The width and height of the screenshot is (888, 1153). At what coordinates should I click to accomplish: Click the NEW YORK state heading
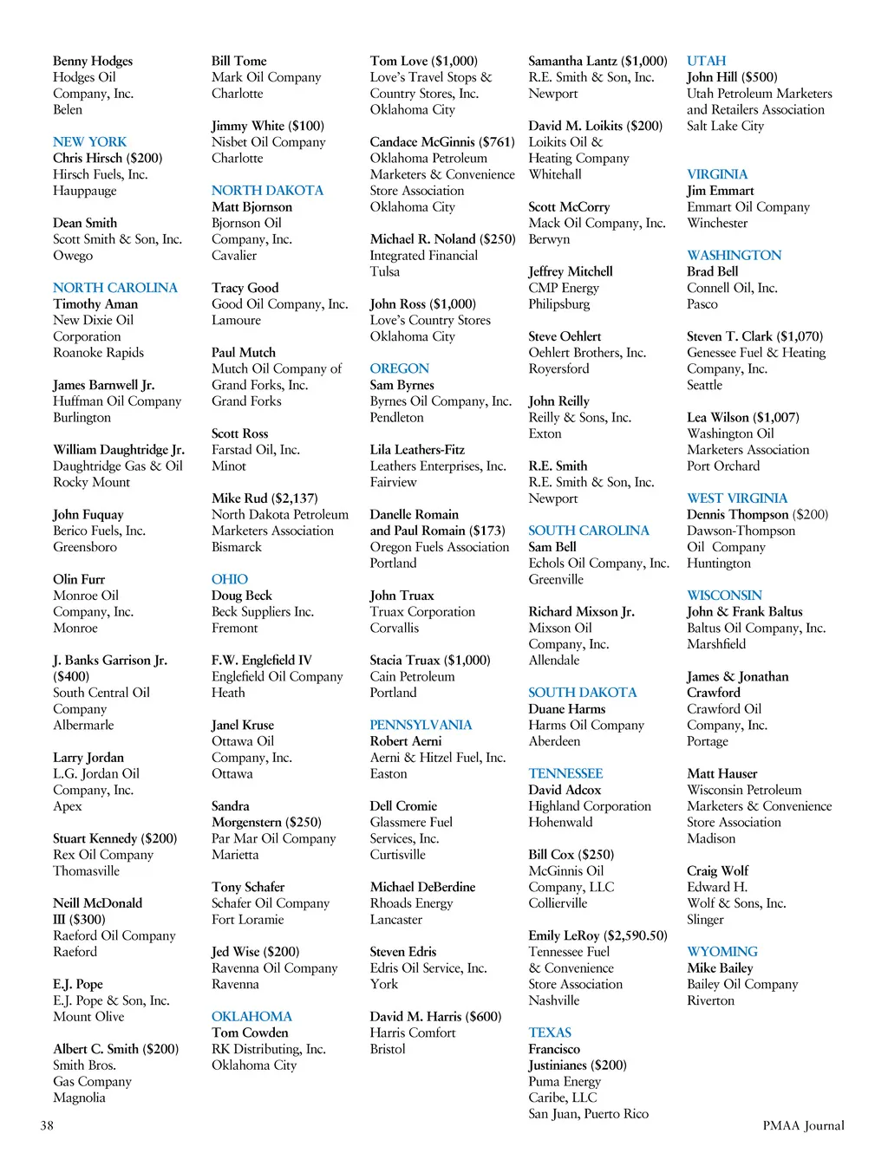tap(89, 141)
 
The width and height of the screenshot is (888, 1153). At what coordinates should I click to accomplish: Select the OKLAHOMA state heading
tap(251, 1016)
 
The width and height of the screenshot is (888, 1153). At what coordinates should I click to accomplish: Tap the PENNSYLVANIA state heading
tap(421, 725)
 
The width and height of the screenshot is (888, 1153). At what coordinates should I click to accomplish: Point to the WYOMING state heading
tap(721, 951)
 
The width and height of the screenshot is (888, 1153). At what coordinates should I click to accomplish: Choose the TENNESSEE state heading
tap(565, 773)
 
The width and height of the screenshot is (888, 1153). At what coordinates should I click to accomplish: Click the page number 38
tap(47, 1125)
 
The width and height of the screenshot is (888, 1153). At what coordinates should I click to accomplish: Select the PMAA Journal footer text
tap(803, 1125)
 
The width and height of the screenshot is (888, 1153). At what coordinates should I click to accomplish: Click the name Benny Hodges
tap(93, 61)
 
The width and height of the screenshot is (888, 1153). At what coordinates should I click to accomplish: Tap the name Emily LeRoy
tap(564, 935)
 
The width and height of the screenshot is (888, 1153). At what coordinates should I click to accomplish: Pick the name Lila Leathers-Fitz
tap(417, 449)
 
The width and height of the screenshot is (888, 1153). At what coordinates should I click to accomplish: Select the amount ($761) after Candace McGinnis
tap(497, 141)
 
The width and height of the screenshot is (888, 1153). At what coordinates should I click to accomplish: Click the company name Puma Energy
tap(565, 1081)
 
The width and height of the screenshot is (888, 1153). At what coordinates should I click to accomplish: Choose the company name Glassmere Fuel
tap(411, 822)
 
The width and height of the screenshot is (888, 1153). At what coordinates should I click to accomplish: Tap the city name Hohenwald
tap(560, 822)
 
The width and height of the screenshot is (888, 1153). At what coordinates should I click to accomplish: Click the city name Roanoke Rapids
tap(98, 353)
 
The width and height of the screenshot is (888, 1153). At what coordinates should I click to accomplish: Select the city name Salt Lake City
tap(725, 126)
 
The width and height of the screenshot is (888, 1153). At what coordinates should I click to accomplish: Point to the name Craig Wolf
tap(717, 870)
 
